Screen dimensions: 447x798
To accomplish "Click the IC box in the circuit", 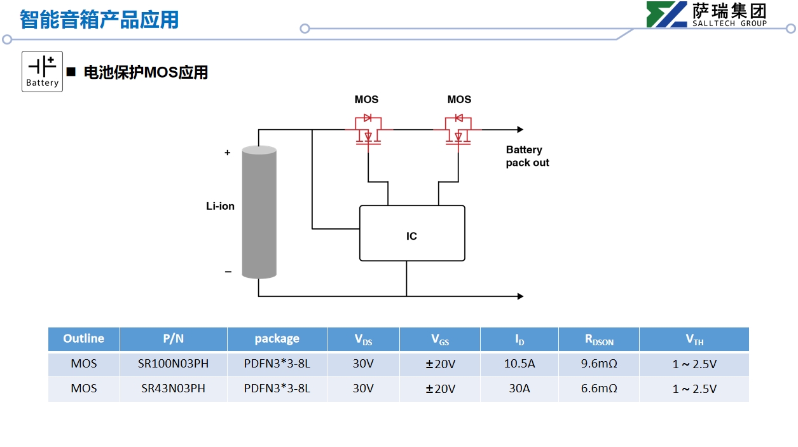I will pos(412,233).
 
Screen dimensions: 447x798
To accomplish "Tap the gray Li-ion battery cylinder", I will pos(259,212).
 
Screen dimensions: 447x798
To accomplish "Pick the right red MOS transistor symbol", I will pos(458,130).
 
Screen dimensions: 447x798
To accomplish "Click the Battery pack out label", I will pos(527,156).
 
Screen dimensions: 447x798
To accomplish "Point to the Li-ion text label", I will pos(220,206).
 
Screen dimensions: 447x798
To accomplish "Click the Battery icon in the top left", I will pos(42,71).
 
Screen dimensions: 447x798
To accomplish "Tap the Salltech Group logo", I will pos(706,15).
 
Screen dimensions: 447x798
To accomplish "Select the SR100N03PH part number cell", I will pos(173,364).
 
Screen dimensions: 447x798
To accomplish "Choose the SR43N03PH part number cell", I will pos(173,389).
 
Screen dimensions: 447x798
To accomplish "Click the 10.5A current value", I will pos(519,364).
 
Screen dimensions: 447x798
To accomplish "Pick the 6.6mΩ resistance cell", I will pos(598,389).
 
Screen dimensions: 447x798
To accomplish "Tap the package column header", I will pos(277,339).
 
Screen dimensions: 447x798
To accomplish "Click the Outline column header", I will pos(83,339).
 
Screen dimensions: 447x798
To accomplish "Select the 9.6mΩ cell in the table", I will pos(598,364).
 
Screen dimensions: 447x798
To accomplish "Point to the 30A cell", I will pos(519,389).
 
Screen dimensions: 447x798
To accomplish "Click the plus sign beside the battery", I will pos(228,153).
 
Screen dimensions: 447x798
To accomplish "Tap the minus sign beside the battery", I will pos(228,272).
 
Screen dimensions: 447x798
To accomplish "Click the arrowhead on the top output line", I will pos(520,130).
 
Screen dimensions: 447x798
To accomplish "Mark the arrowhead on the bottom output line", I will pos(520,296).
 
